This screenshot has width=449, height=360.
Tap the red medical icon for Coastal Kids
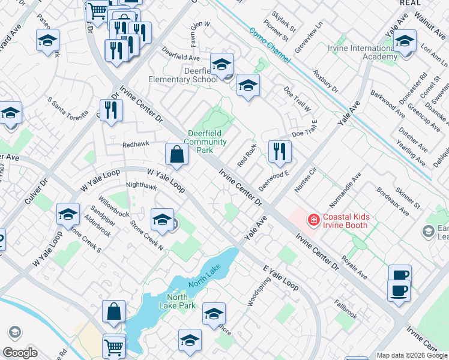[x=313, y=221]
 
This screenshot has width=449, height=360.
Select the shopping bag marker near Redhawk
[x=177, y=155]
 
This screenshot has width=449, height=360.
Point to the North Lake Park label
[x=178, y=301]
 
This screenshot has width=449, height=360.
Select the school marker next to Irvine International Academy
[x=405, y=41]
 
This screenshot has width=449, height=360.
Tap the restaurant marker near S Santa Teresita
[x=111, y=110]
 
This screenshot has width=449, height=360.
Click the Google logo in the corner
[x=20, y=353]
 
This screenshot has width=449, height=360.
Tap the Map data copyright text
[x=412, y=355]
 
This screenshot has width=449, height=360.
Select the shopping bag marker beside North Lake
[x=113, y=311]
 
